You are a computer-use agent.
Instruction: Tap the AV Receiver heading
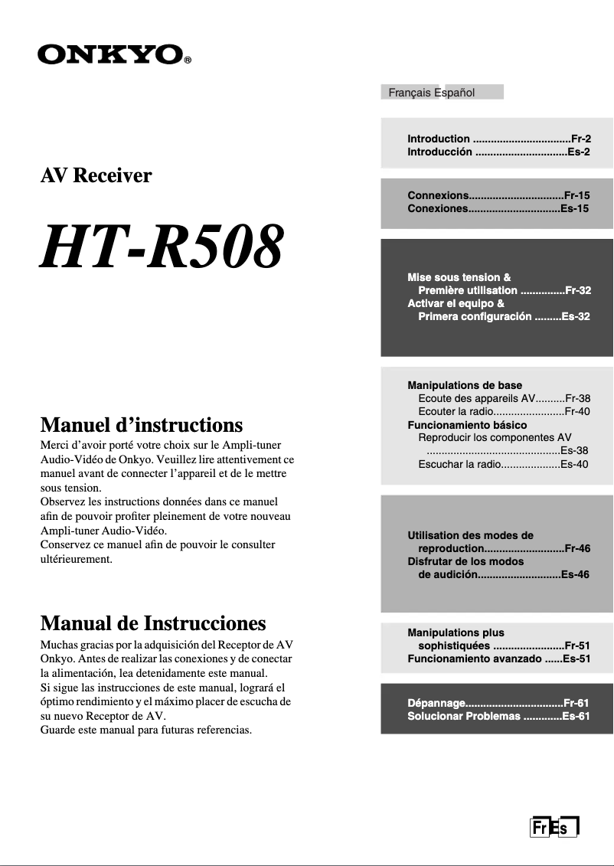[96, 175]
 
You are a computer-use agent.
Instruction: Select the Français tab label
[410, 93]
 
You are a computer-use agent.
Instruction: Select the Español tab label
[456, 93]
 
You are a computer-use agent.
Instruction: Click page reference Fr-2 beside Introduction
[581, 139]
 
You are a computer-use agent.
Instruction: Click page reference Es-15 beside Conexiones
[575, 208]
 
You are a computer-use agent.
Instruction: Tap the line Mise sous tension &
[459, 277]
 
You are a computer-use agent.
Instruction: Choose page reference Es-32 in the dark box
[576, 316]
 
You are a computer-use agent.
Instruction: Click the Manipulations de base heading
[465, 385]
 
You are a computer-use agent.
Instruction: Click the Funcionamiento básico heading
[467, 424]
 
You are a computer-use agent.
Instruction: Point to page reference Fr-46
[576, 548]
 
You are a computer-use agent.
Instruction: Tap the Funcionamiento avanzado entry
[474, 658]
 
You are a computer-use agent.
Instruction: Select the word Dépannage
[436, 703]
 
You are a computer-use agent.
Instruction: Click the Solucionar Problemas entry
[463, 716]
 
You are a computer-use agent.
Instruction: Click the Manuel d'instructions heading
[141, 424]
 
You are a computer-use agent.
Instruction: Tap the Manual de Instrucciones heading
[152, 623]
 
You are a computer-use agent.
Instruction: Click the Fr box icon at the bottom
[540, 828]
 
